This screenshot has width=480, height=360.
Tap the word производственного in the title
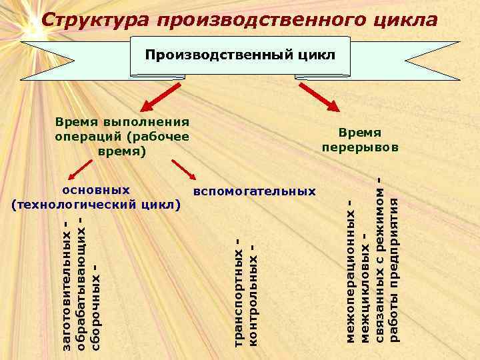click(x=259, y=21)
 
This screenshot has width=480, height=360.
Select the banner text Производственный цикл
click(x=241, y=54)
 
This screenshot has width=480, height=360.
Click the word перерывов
click(x=360, y=147)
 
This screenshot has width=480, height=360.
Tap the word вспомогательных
click(x=254, y=192)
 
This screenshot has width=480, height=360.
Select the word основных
click(x=96, y=190)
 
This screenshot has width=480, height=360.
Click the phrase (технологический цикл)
click(x=96, y=203)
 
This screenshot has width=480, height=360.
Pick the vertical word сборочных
click(x=96, y=307)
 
